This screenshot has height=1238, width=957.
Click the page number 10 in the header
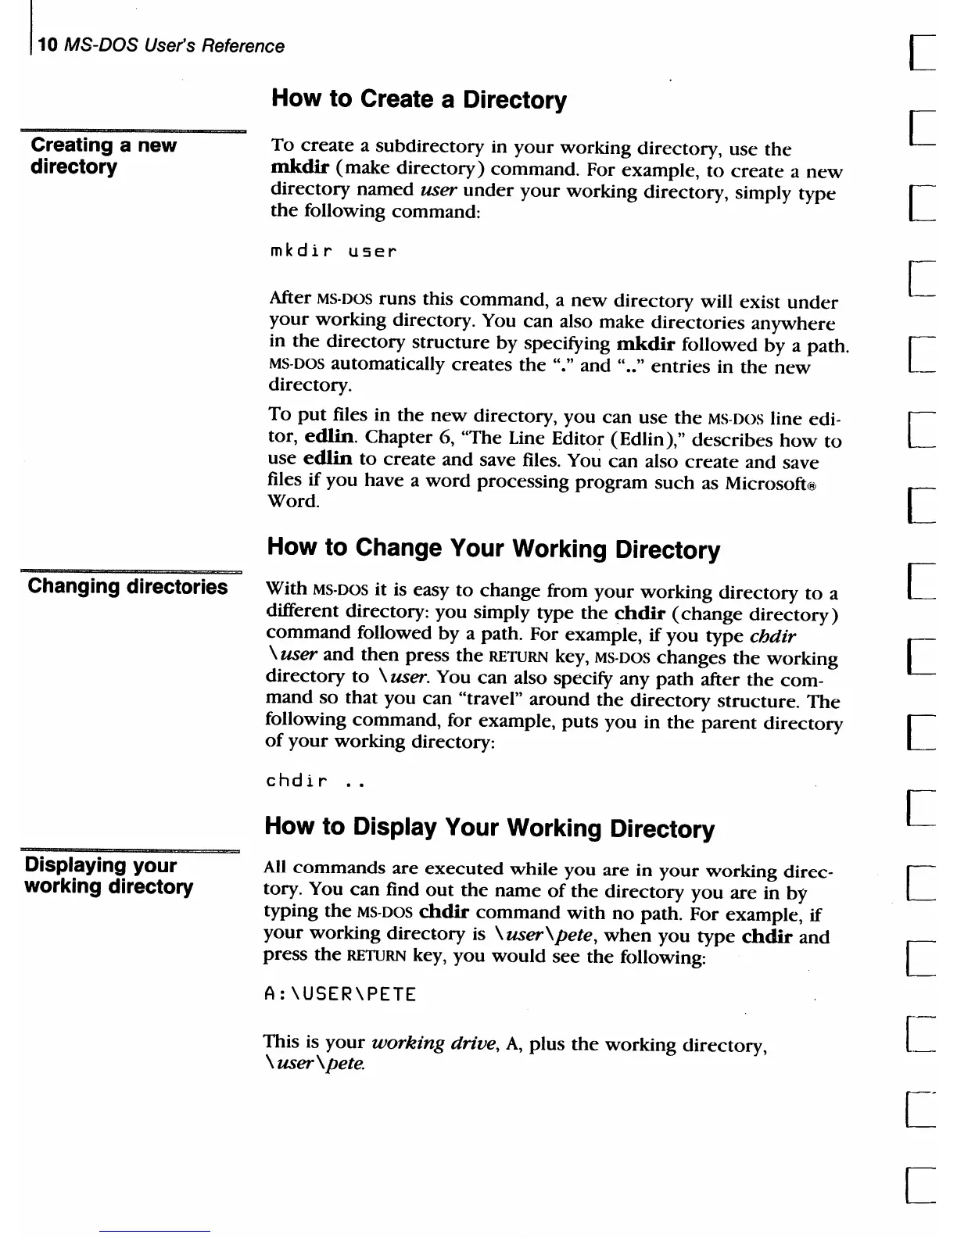pyautogui.click(x=48, y=45)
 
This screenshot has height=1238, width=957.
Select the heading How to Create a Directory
pyautogui.click(x=418, y=100)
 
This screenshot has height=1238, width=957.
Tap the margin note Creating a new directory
pyautogui.click(x=103, y=156)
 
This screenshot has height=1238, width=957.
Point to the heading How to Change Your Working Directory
pyautogui.click(x=493, y=548)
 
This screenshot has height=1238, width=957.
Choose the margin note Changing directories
pyautogui.click(x=127, y=586)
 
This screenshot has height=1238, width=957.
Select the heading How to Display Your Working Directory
pyautogui.click(x=489, y=827)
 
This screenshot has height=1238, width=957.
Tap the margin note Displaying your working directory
pyautogui.click(x=109, y=876)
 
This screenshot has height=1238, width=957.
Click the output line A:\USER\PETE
pyautogui.click(x=340, y=994)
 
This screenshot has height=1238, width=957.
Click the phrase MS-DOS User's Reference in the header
pyautogui.click(x=174, y=45)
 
